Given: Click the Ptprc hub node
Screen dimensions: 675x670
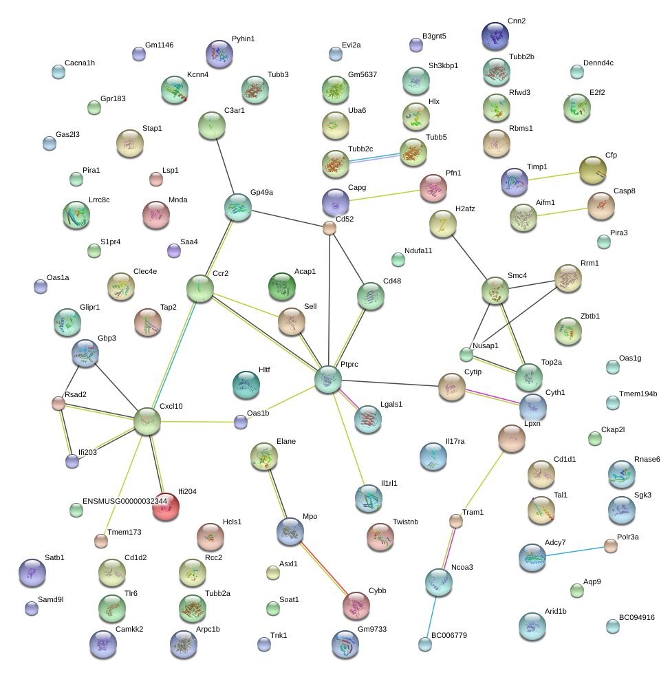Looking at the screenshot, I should coord(328,379).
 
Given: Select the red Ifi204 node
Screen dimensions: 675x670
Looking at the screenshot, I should coord(166,507).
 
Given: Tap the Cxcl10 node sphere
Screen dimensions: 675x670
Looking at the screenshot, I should coord(147,421).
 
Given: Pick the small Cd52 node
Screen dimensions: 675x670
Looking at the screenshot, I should coord(329,228).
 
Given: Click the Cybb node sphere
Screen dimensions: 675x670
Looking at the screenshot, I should coord(356,605).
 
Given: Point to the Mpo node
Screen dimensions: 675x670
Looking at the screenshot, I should coord(290,532).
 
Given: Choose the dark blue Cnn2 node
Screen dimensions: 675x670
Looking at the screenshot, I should coord(495,36).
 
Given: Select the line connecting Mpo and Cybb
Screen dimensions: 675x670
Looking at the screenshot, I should coord(323,568).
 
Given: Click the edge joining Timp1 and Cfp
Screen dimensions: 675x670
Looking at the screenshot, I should coord(554,176).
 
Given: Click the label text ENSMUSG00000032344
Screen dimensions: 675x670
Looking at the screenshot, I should coord(125,501).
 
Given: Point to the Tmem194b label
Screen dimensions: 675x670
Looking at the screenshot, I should coord(638,394).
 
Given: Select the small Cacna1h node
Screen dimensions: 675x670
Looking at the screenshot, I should coord(58,72).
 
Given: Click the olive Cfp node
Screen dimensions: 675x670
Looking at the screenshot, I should coord(592,171).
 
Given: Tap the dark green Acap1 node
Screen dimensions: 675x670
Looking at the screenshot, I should coord(281,287).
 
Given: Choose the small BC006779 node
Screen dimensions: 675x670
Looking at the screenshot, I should coord(425,644).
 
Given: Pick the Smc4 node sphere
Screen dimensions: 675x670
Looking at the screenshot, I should coord(495,291).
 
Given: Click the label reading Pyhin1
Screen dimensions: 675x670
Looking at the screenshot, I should coord(243,39).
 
